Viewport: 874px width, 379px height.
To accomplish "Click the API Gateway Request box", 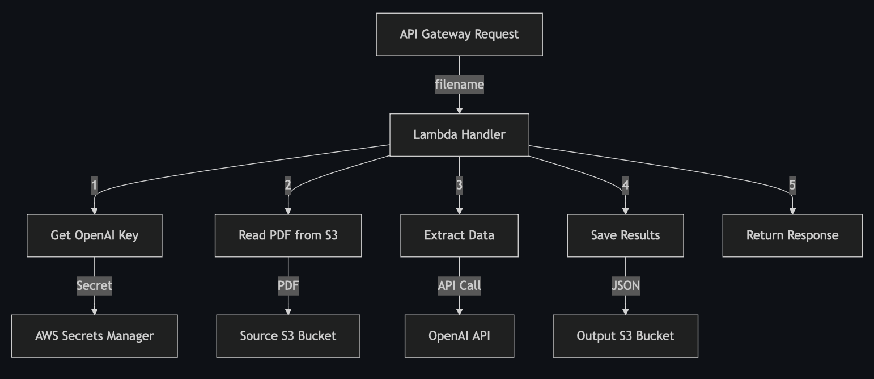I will tap(459, 34).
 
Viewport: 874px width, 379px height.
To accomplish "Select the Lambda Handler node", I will tap(459, 135).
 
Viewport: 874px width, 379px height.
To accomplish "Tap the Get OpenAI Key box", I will tap(94, 235).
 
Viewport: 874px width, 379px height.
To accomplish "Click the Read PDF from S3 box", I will tap(288, 235).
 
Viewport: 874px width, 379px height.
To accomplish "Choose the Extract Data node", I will tap(459, 235).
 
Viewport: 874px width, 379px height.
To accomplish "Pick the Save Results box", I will tap(625, 235).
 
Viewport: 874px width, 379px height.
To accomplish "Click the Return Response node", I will tap(792, 235).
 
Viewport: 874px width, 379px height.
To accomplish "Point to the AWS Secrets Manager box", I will tap(94, 336).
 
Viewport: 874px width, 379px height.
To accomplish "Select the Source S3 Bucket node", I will tap(288, 336).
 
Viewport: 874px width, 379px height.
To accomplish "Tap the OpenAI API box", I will tap(459, 336).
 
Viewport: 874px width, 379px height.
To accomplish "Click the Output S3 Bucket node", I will tap(625, 336).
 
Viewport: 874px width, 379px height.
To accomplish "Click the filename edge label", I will tap(459, 85).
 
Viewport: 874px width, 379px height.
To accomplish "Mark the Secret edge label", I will tap(94, 285).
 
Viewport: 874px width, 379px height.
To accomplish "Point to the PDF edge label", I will tap(288, 285).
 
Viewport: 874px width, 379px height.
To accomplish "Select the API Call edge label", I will tap(459, 285).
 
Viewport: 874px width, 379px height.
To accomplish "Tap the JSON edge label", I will tap(625, 285).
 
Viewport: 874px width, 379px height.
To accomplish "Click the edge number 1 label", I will tap(94, 185).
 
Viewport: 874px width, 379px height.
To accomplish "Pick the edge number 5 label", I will tap(792, 185).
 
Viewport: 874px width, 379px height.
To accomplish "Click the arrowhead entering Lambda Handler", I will tap(459, 111).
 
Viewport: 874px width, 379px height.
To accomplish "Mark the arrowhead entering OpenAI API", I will tap(459, 311).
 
